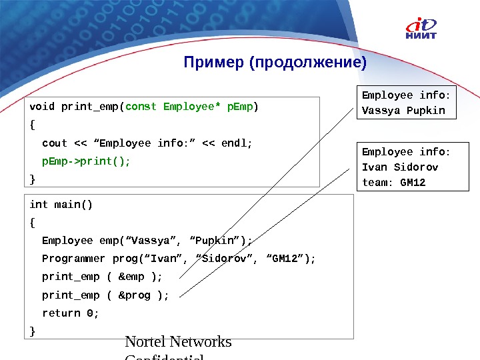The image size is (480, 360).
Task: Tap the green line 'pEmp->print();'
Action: pyautogui.click(x=86, y=161)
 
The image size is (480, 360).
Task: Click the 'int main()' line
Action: pyautogui.click(x=61, y=205)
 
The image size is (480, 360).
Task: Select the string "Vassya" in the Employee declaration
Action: pyautogui.click(x=154, y=241)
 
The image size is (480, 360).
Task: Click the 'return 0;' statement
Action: pyautogui.click(x=70, y=313)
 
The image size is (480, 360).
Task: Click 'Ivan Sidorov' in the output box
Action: pyautogui.click(x=399, y=167)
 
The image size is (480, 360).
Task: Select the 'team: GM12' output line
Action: pyautogui.click(x=393, y=182)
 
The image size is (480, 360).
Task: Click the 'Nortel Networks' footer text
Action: pyautogui.click(x=178, y=342)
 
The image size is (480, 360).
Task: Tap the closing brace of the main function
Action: pyautogui.click(x=33, y=331)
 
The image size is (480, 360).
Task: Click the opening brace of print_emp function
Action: pyautogui.click(x=33, y=125)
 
